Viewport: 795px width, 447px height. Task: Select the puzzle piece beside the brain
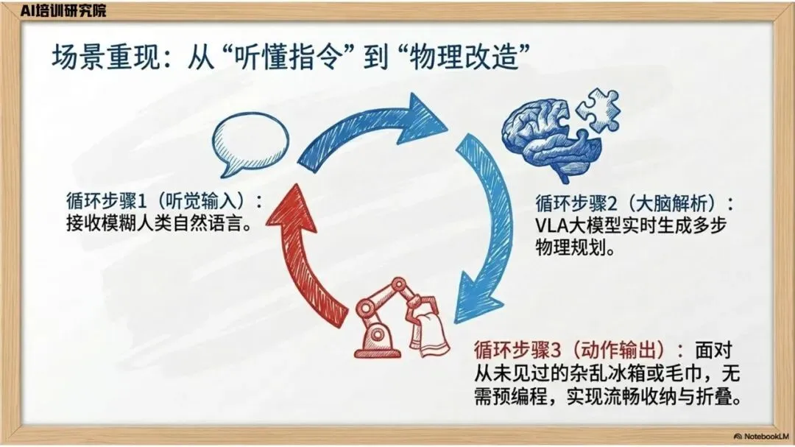click(597, 110)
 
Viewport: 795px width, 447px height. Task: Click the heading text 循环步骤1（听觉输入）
click(163, 201)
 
